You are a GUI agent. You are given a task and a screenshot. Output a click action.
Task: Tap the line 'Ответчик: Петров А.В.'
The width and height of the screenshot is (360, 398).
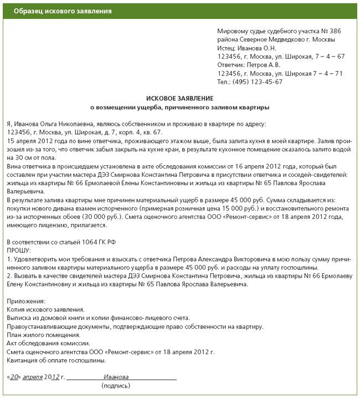pyautogui.click(x=254, y=65)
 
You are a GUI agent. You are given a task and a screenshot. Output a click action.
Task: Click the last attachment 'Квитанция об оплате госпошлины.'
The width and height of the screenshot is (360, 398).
pyautogui.click(x=56, y=360)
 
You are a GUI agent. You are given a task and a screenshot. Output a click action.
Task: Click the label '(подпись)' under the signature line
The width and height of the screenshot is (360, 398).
pyautogui.click(x=116, y=385)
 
